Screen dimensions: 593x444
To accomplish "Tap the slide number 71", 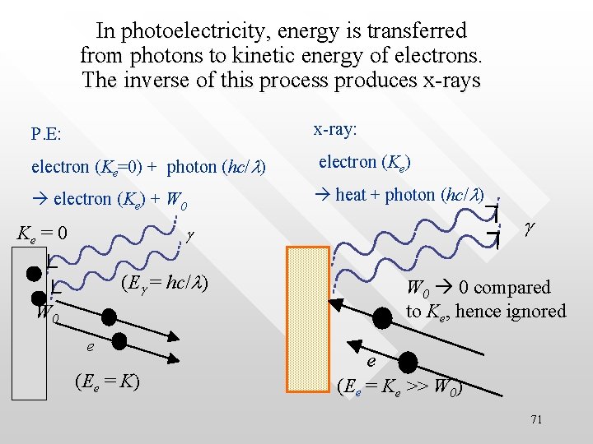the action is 536,420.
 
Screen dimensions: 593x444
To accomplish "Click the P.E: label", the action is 46,133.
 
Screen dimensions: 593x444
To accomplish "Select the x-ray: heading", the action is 334,129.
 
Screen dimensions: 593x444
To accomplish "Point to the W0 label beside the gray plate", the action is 46,312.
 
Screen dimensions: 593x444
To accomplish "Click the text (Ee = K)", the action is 106,382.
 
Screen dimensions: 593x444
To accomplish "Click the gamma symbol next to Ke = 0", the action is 190,235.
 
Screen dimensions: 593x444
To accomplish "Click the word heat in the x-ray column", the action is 350,195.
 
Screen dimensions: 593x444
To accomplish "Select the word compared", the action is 513,288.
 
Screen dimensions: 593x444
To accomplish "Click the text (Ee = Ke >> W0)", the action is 399,385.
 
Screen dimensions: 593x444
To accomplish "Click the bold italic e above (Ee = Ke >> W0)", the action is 371,361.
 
